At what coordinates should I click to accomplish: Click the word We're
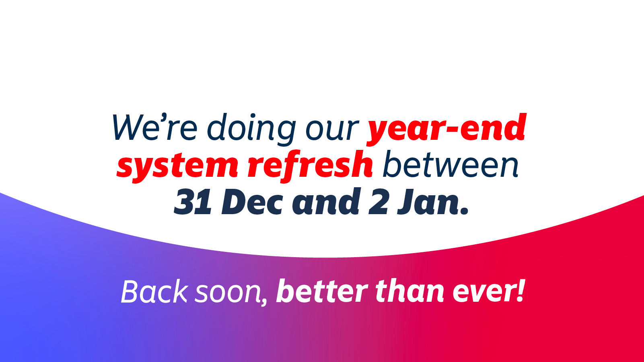click(155, 127)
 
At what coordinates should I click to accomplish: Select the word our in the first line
click(332, 131)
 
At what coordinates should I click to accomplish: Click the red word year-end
click(446, 130)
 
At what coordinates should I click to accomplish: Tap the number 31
click(193, 202)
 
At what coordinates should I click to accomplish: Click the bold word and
click(326, 201)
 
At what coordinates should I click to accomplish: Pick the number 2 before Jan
click(379, 202)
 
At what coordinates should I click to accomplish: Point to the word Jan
click(428, 202)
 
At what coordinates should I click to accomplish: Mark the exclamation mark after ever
click(521, 290)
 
